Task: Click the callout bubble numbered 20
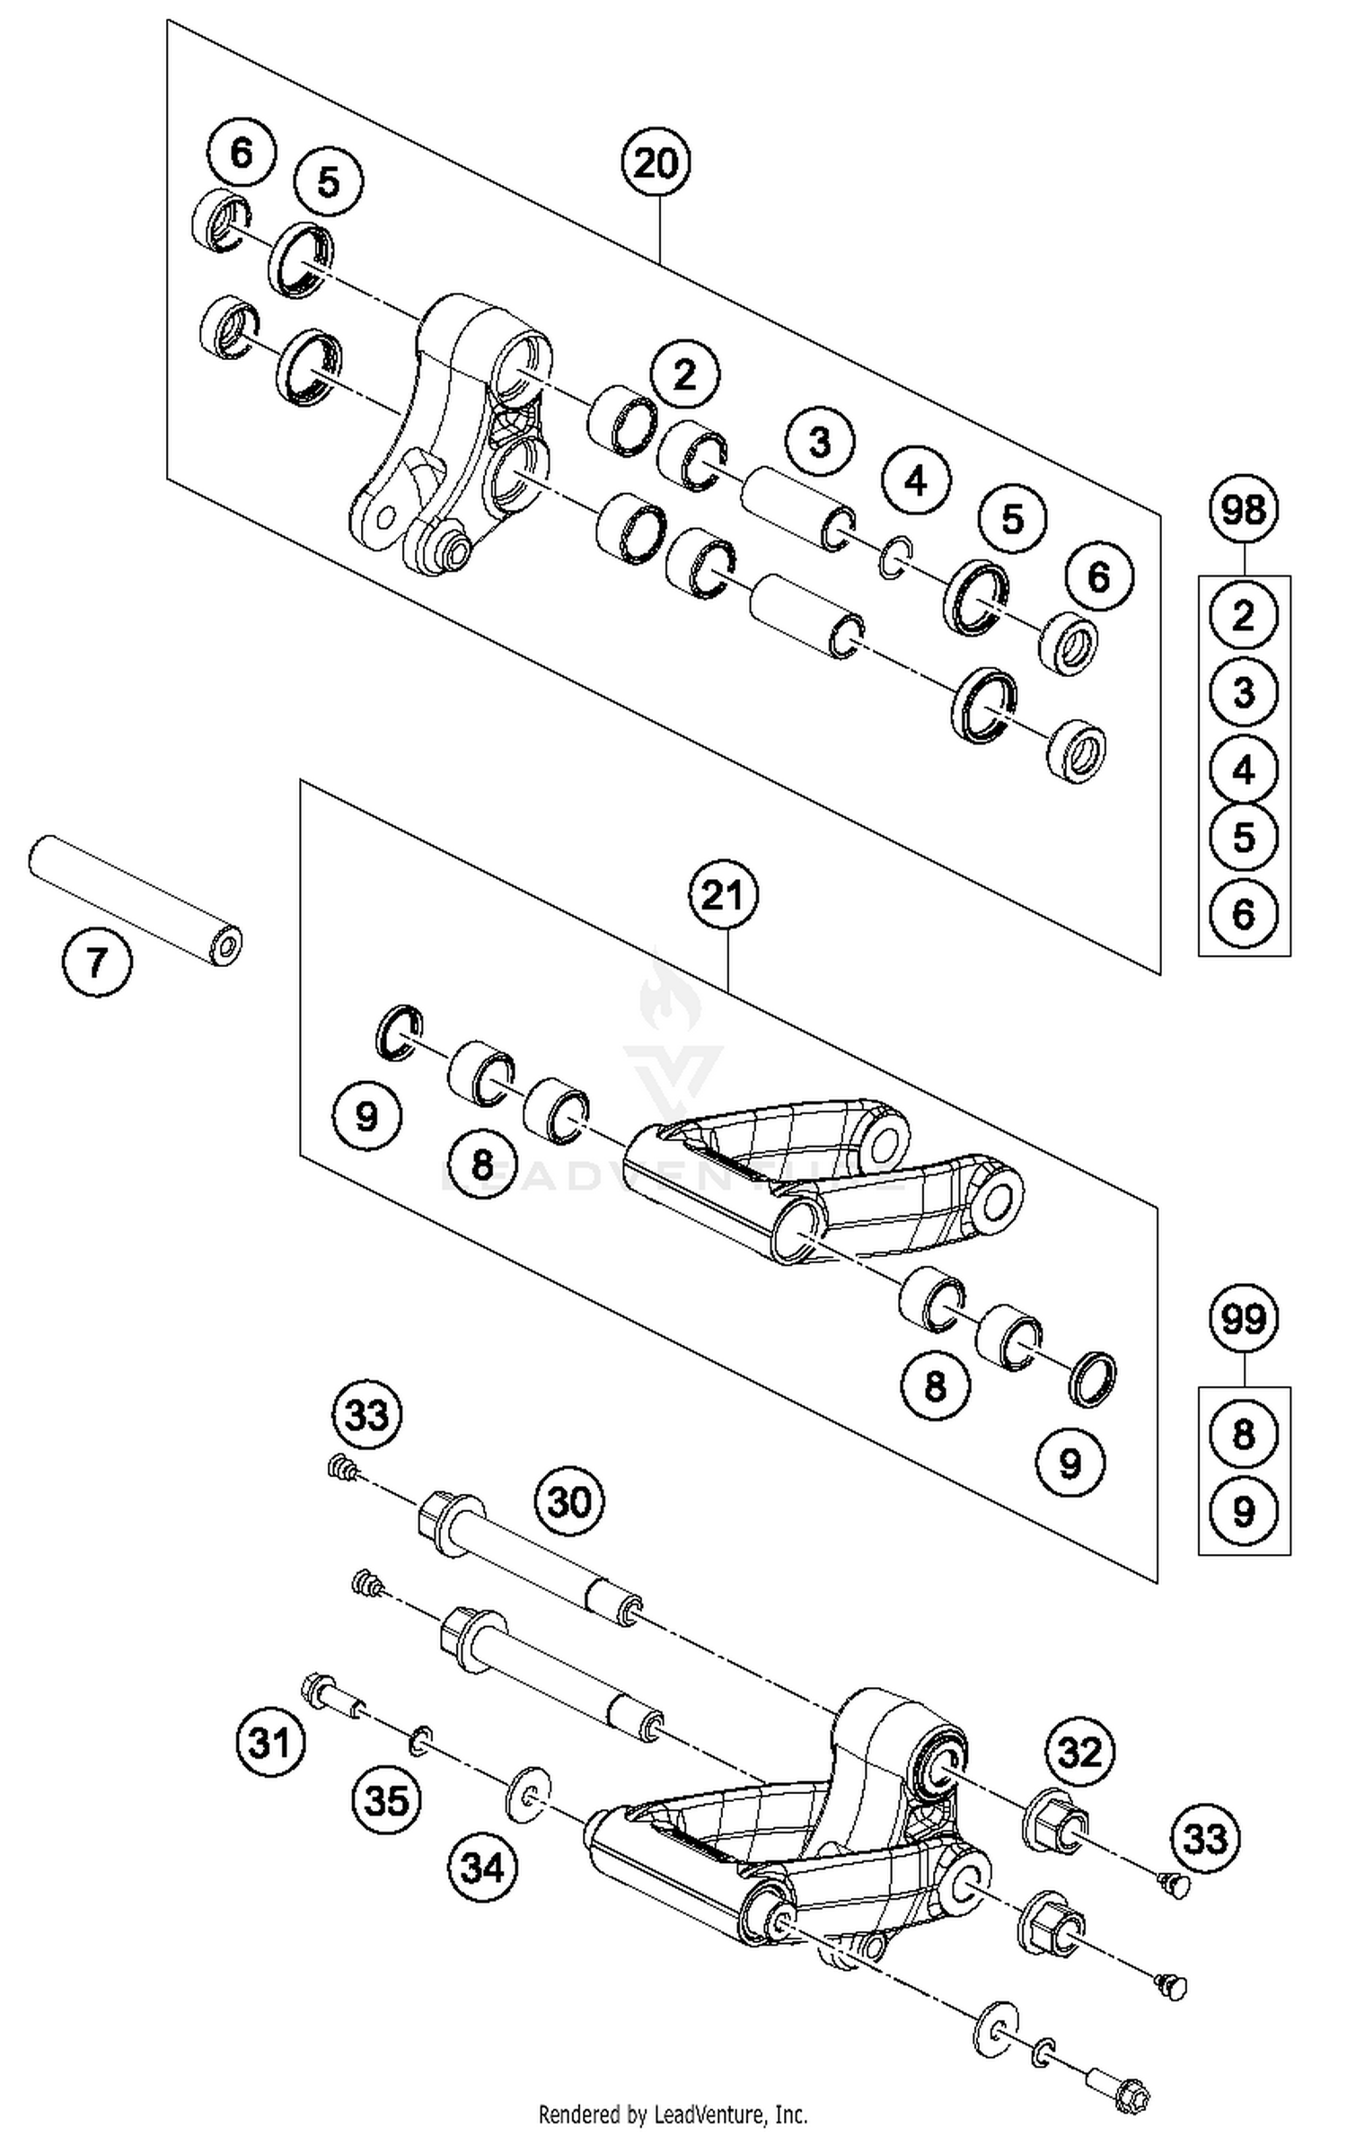656,163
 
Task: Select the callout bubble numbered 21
723,894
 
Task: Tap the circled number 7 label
97,963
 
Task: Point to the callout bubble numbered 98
1243,510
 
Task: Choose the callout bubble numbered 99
1243,1319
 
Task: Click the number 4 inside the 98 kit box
1243,769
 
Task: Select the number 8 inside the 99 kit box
1243,1434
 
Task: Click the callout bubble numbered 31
270,1743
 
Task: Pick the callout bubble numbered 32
1079,1751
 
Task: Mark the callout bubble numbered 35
386,1800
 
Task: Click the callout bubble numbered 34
483,1868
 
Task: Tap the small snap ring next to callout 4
894,562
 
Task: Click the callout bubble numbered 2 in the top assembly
685,375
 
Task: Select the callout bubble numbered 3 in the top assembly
819,442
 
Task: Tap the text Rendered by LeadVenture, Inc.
673,2114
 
